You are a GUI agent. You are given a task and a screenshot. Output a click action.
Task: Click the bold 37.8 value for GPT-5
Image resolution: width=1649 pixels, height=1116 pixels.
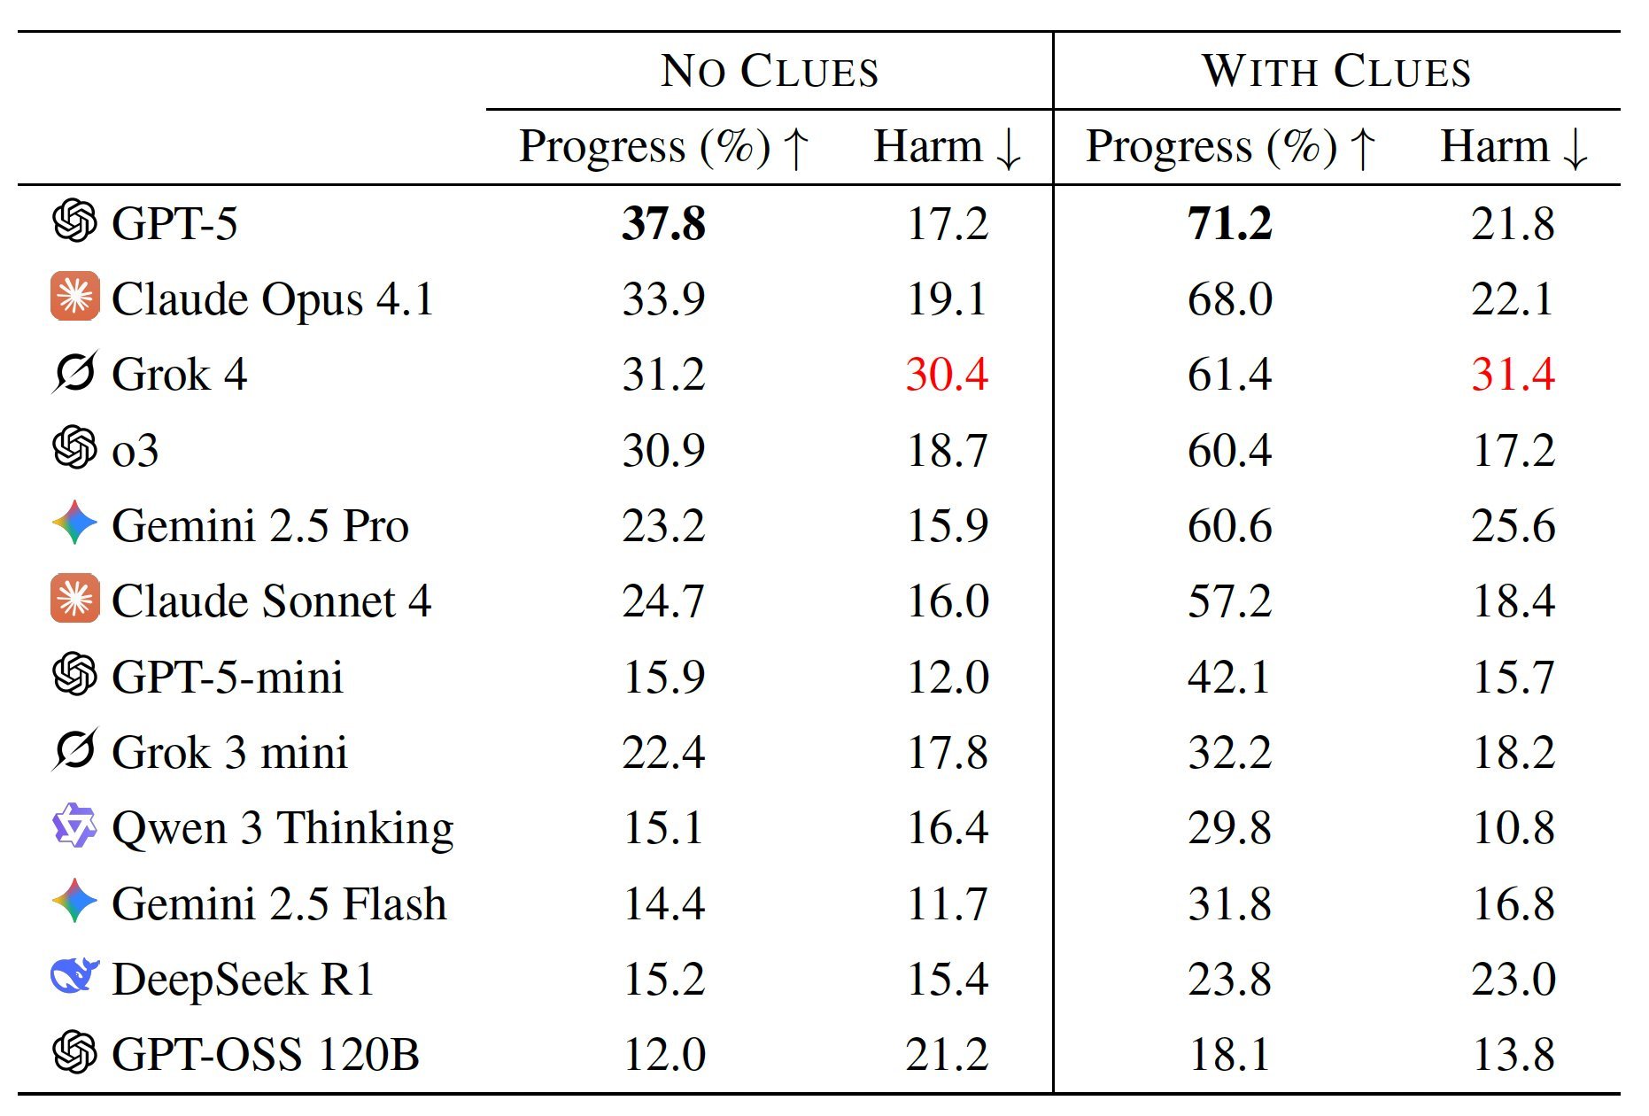(x=663, y=223)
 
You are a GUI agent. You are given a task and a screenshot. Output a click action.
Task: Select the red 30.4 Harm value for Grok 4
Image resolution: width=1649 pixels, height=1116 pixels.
(x=947, y=374)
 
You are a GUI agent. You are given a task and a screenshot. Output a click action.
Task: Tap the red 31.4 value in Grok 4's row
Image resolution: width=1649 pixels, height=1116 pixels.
(x=1513, y=374)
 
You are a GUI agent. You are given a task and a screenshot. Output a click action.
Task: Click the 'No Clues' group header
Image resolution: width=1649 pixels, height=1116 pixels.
(x=770, y=71)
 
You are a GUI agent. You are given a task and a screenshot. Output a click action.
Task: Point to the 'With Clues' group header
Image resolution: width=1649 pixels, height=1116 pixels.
(x=1336, y=71)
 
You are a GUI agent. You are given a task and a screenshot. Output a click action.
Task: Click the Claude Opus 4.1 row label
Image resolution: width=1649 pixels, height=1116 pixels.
(x=273, y=298)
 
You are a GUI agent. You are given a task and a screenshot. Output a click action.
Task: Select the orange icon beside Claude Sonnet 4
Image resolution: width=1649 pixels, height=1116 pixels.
(x=75, y=600)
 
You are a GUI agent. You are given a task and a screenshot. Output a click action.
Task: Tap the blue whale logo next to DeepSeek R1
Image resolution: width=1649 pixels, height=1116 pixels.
(x=75, y=977)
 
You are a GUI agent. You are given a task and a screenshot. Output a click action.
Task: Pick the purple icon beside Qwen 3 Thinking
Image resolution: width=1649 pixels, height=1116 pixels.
(x=75, y=826)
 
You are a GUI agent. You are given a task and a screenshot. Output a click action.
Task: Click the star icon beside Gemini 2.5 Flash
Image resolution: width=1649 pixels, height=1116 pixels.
(x=75, y=902)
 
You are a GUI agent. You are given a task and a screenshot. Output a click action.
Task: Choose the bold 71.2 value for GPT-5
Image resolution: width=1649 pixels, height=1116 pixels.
(x=1230, y=223)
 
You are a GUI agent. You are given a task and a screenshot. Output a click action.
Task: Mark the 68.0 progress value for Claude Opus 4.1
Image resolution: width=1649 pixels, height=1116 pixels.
(x=1230, y=298)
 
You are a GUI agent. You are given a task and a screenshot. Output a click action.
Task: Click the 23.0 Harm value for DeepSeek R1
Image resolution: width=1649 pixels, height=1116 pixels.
(x=1513, y=979)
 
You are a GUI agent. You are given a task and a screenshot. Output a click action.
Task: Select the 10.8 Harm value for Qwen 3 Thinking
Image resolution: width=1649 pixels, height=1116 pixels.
(x=1513, y=828)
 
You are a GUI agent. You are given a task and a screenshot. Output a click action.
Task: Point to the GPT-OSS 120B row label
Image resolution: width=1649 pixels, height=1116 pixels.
(x=265, y=1054)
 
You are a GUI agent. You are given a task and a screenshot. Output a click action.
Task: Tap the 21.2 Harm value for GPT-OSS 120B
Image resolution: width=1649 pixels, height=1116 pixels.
(x=947, y=1054)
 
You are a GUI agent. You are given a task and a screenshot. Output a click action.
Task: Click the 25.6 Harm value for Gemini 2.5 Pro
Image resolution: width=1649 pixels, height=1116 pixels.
(x=1513, y=525)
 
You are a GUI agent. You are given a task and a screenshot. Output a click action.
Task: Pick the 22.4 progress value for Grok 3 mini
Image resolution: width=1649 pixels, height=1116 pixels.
(x=663, y=753)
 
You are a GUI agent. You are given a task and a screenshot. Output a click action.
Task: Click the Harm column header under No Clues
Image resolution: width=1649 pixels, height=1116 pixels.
(x=948, y=147)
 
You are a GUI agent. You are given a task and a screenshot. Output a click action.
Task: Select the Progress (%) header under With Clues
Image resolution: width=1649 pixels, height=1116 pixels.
(x=1231, y=147)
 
